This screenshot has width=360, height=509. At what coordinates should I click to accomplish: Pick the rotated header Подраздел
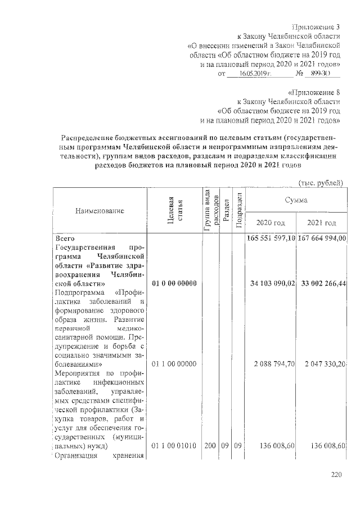(238, 210)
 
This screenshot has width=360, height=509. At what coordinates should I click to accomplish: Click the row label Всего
(61, 239)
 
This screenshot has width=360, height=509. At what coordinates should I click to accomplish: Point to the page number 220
(336, 475)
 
